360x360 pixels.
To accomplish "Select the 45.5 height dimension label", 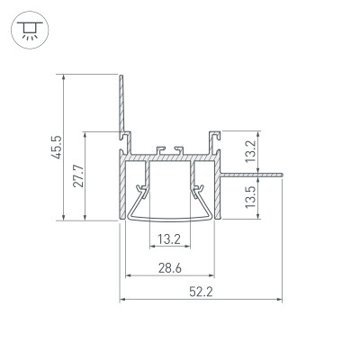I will click(57, 147).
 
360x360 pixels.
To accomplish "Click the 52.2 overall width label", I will click(202, 291).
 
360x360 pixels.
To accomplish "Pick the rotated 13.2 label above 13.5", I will click(252, 148).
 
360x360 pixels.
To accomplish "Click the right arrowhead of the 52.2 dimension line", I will click(280, 299).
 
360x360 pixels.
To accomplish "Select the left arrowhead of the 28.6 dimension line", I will click(127, 274).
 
